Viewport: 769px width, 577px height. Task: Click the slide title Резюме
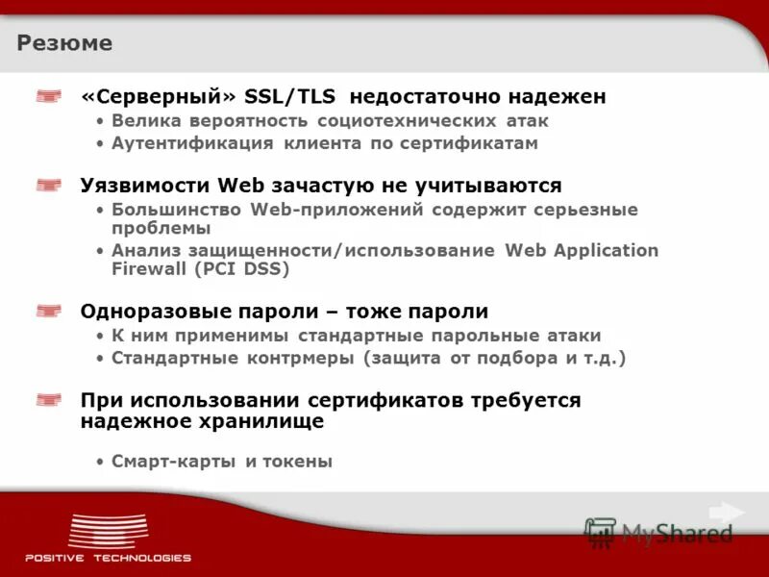coord(64,43)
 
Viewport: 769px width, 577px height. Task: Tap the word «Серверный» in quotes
coord(159,97)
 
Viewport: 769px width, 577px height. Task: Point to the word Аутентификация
coord(193,143)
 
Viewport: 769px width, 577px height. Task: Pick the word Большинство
coord(177,209)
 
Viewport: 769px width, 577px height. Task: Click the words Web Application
coord(582,250)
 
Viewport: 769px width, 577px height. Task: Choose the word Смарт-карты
coord(173,462)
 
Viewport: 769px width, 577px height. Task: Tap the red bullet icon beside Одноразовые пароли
coord(49,311)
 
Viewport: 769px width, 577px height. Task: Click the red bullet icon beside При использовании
coord(49,399)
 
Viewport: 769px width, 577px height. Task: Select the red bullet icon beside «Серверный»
coord(49,96)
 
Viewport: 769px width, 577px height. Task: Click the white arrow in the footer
coord(726,513)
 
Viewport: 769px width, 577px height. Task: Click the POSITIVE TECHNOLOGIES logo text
coord(108,558)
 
